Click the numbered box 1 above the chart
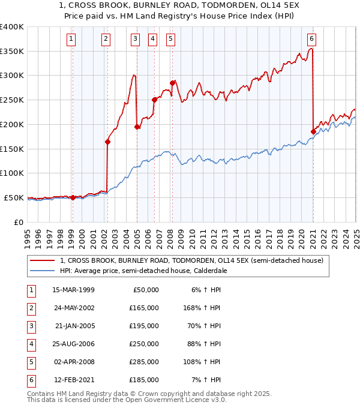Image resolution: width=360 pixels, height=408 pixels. pyautogui.click(x=71, y=40)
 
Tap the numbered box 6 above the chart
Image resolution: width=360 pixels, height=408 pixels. pyautogui.click(x=312, y=40)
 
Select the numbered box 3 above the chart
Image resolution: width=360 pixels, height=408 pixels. pyautogui.click(x=136, y=40)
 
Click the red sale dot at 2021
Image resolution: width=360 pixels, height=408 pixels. pyautogui.click(x=313, y=131)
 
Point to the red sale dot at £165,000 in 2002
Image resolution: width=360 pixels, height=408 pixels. pyautogui.click(x=108, y=142)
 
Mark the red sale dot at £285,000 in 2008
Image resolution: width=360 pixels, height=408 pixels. pyautogui.click(x=172, y=83)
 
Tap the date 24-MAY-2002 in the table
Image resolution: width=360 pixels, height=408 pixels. pyautogui.click(x=73, y=308)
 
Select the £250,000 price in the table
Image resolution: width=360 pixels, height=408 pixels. pyautogui.click(x=145, y=344)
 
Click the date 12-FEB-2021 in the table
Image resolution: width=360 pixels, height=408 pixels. pyautogui.click(x=73, y=380)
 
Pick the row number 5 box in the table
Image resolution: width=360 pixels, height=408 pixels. pyautogui.click(x=30, y=362)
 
